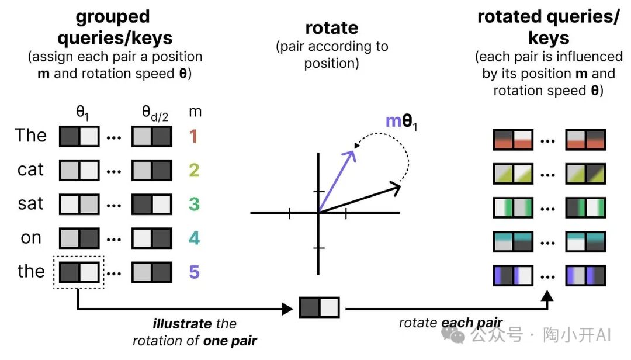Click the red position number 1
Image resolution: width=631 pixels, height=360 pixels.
pos(193,136)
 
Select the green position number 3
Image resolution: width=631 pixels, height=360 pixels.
pos(193,205)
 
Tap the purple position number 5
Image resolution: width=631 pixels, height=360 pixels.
pos(193,272)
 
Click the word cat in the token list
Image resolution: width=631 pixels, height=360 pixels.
pos(30,170)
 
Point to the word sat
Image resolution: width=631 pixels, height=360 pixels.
pos(30,204)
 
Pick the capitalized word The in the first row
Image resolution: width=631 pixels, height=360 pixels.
pos(30,136)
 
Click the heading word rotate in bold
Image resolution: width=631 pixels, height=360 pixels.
pos(331,27)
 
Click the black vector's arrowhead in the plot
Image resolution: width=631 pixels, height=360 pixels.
pos(396,188)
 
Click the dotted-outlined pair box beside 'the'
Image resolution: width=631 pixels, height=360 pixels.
pos(79,272)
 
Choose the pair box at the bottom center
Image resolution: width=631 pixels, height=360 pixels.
pos(319,307)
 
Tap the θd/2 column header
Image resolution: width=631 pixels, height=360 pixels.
pos(152,111)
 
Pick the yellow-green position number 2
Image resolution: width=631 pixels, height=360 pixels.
pos(193,170)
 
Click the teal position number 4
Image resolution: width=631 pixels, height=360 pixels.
pos(193,238)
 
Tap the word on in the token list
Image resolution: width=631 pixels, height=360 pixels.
pos(30,238)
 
